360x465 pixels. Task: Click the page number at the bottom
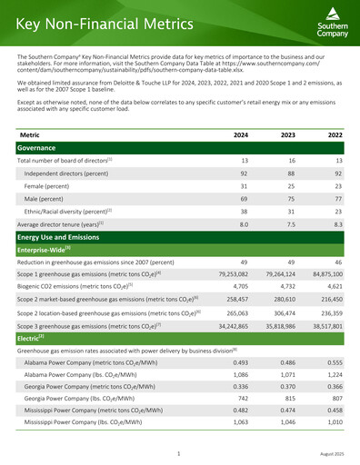(x=180, y=451)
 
